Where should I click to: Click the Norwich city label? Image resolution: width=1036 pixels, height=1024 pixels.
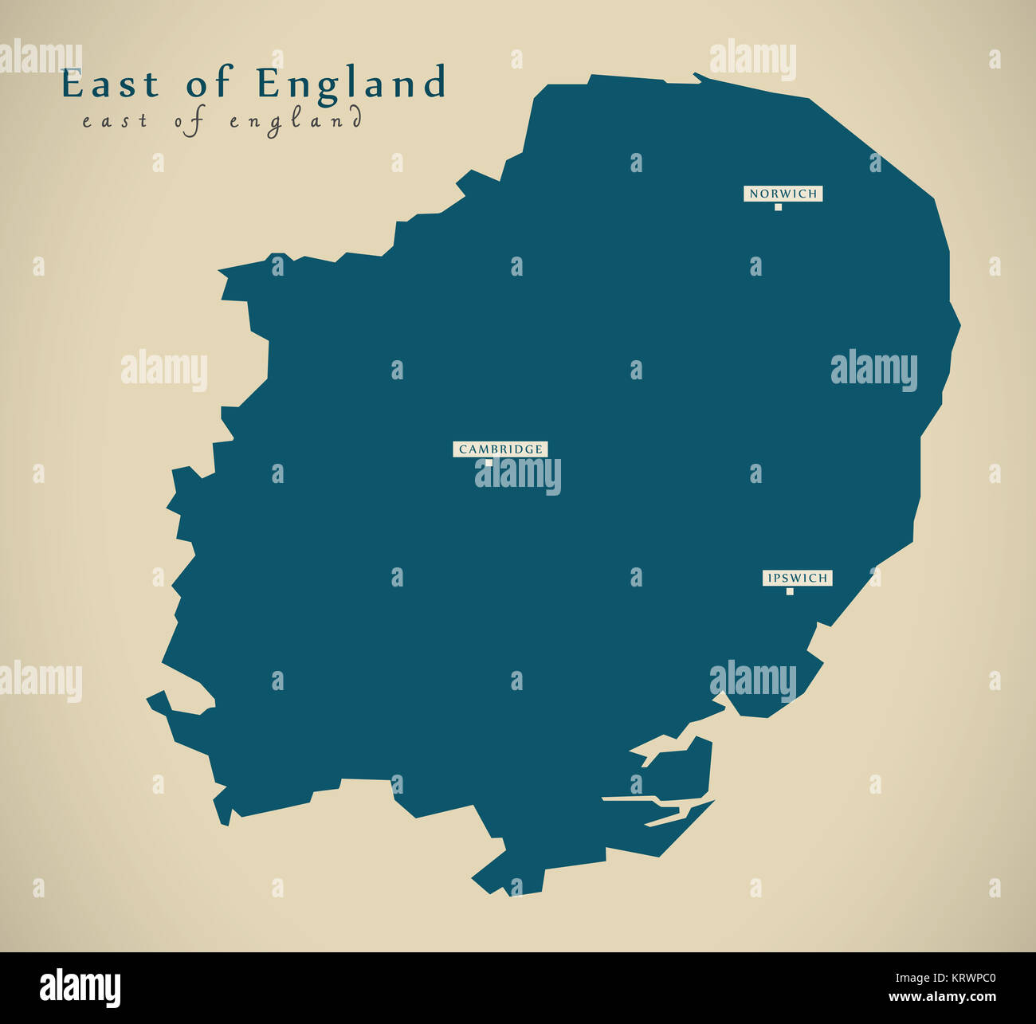click(783, 194)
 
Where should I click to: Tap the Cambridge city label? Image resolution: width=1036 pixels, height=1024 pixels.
click(500, 449)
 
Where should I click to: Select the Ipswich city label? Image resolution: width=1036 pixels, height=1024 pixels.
click(797, 578)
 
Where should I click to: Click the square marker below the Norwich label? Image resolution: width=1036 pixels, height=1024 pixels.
click(778, 207)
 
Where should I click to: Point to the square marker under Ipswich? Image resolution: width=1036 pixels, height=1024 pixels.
click(790, 591)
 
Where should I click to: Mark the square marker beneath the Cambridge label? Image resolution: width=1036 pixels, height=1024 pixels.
click(489, 462)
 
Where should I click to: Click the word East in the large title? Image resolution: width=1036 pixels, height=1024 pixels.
click(109, 84)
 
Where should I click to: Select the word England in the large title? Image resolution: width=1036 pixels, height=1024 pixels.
click(351, 84)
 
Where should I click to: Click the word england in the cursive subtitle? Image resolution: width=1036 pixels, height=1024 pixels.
click(296, 121)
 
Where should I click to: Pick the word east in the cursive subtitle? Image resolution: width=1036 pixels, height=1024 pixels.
click(115, 121)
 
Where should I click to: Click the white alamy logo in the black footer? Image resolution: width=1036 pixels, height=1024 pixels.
click(80, 988)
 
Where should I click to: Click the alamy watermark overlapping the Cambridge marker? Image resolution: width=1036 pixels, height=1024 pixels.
click(518, 477)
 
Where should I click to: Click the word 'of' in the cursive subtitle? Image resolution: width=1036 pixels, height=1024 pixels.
click(191, 121)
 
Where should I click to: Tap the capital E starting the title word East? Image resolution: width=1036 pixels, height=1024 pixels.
click(73, 84)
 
